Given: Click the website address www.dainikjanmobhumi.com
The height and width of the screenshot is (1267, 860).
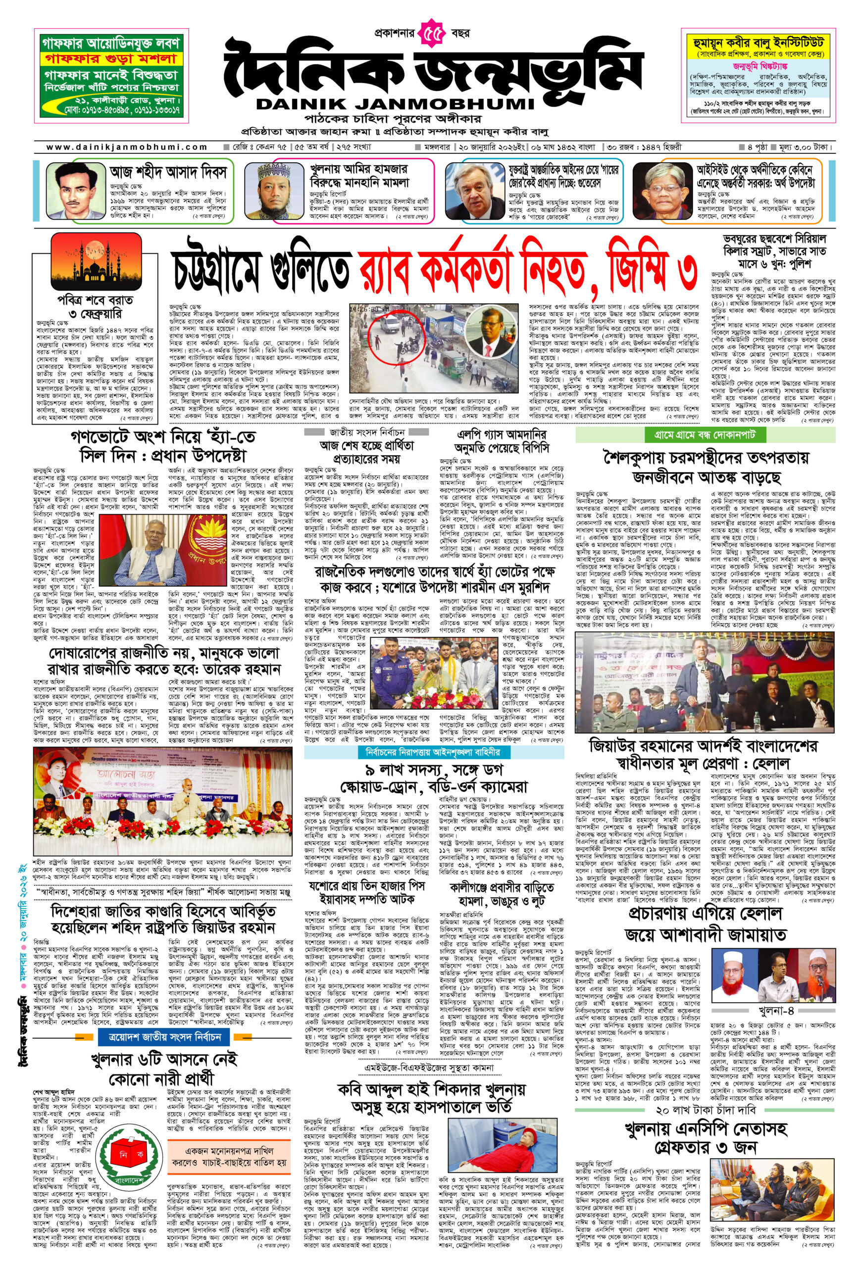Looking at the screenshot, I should coord(127,146).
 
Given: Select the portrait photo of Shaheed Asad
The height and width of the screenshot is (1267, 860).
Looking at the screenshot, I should coord(74,190).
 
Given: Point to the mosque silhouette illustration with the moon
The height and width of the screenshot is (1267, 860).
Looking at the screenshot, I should coord(96,262).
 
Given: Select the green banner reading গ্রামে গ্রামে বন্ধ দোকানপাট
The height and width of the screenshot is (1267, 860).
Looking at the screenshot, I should coord(705,435).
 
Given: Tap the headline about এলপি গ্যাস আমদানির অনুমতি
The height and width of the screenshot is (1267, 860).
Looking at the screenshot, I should coord(501,440).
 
